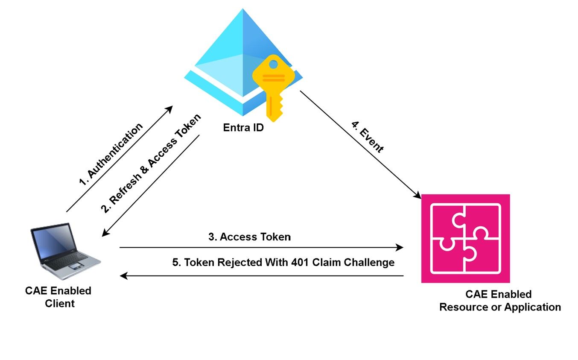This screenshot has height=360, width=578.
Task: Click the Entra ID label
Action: pos(243,127)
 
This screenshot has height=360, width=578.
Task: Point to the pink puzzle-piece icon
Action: pos(465,238)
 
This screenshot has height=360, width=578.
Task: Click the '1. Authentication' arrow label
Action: pos(111,155)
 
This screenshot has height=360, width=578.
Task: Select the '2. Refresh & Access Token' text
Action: pos(151,164)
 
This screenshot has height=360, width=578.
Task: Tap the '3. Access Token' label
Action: pos(249,237)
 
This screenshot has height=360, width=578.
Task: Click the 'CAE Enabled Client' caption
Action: pos(58,297)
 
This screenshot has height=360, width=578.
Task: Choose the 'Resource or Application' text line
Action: pos(500,307)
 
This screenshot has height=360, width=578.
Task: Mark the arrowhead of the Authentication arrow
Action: pos(169,109)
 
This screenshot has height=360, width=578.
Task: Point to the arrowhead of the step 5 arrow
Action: pos(124,276)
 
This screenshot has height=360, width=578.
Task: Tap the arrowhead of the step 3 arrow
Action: pos(400,247)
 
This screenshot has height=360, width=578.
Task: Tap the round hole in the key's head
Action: pos(274,64)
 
